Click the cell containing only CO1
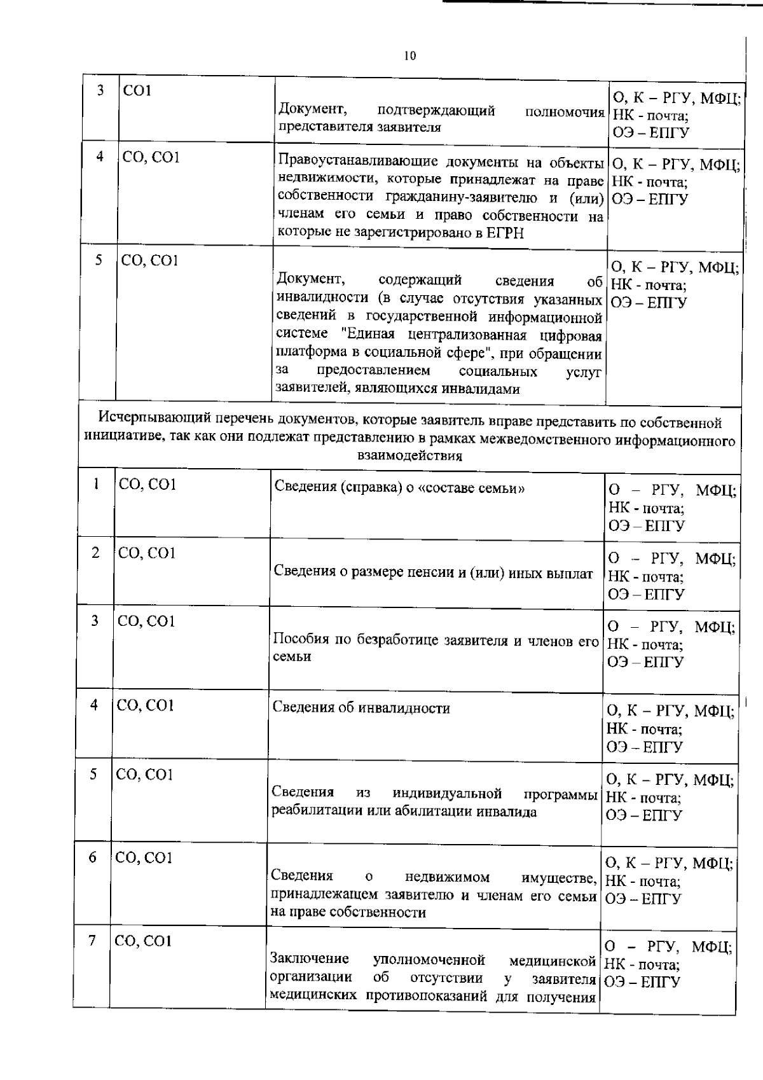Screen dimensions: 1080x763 (x=138, y=90)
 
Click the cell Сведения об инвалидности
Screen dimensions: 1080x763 (x=361, y=708)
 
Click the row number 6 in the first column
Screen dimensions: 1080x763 (x=93, y=857)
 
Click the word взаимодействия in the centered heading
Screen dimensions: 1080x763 (x=409, y=456)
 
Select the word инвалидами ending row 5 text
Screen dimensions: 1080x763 (x=483, y=389)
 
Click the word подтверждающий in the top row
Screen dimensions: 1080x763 (x=436, y=111)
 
